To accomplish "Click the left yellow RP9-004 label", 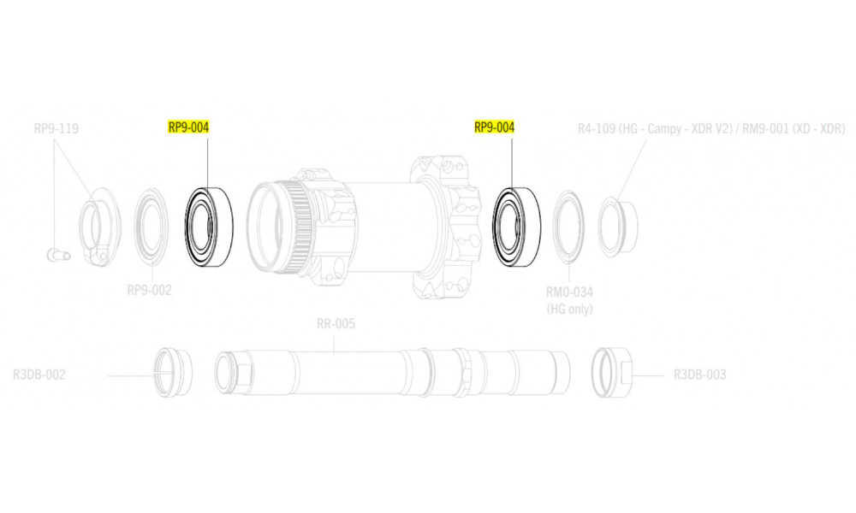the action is pos(188,127).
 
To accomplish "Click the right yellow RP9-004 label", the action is pos(494,127).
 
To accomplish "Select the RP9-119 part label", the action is pos(56,129).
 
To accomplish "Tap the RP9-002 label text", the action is pos(149,290).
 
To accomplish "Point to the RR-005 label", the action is pos(336,324).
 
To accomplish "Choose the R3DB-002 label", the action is pos(39,375).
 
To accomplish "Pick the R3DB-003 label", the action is pos(700,375).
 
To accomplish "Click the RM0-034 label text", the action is pos(569,292).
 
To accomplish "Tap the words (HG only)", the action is pos(569,310).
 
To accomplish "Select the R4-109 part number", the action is pos(597,129).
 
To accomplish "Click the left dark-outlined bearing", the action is pos(209,227).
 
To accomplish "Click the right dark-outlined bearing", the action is pos(516,227).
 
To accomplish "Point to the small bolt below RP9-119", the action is pos(58,255).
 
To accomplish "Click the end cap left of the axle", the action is pos(173,372).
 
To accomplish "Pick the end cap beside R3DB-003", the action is pos(612,372).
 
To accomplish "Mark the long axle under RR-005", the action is pos(393,372).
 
